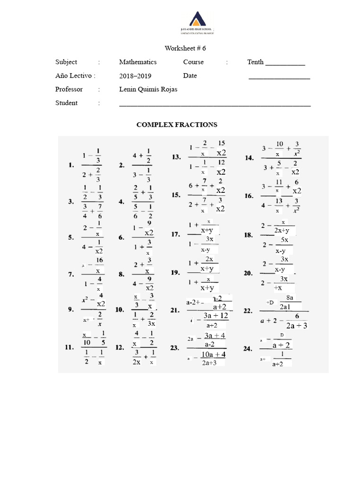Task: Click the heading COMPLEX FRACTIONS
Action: click(177, 125)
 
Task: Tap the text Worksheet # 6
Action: click(185, 48)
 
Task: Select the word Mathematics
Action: click(138, 62)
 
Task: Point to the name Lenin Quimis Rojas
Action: click(148, 89)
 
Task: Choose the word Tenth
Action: click(255, 62)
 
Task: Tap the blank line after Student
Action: click(215, 105)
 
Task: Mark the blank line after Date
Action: click(279, 78)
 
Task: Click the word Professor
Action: click(69, 89)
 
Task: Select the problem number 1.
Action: click(71, 165)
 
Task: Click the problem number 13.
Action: click(176, 157)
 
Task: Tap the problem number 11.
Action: click(70, 347)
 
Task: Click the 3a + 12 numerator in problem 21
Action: click(216, 316)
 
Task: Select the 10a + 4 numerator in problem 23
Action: click(214, 354)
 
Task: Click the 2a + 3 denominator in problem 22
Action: click(296, 325)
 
